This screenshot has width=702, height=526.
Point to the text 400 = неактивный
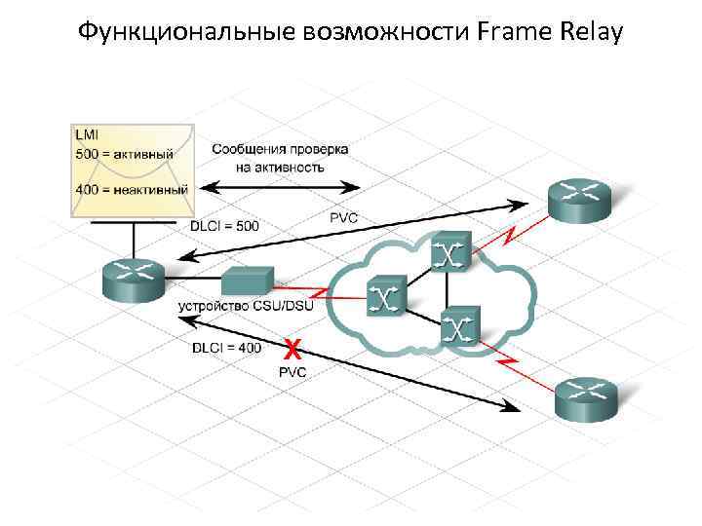131,187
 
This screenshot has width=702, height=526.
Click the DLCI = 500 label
223,226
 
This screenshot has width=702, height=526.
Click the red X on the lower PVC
291,348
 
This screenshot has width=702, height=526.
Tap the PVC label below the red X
292,372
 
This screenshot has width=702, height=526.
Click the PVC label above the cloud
343,217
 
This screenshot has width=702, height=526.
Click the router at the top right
579,200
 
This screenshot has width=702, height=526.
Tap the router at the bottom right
586,396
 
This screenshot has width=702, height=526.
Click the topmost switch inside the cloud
448,252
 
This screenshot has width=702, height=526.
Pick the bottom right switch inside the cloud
457,326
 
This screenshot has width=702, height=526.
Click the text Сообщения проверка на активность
280,158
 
